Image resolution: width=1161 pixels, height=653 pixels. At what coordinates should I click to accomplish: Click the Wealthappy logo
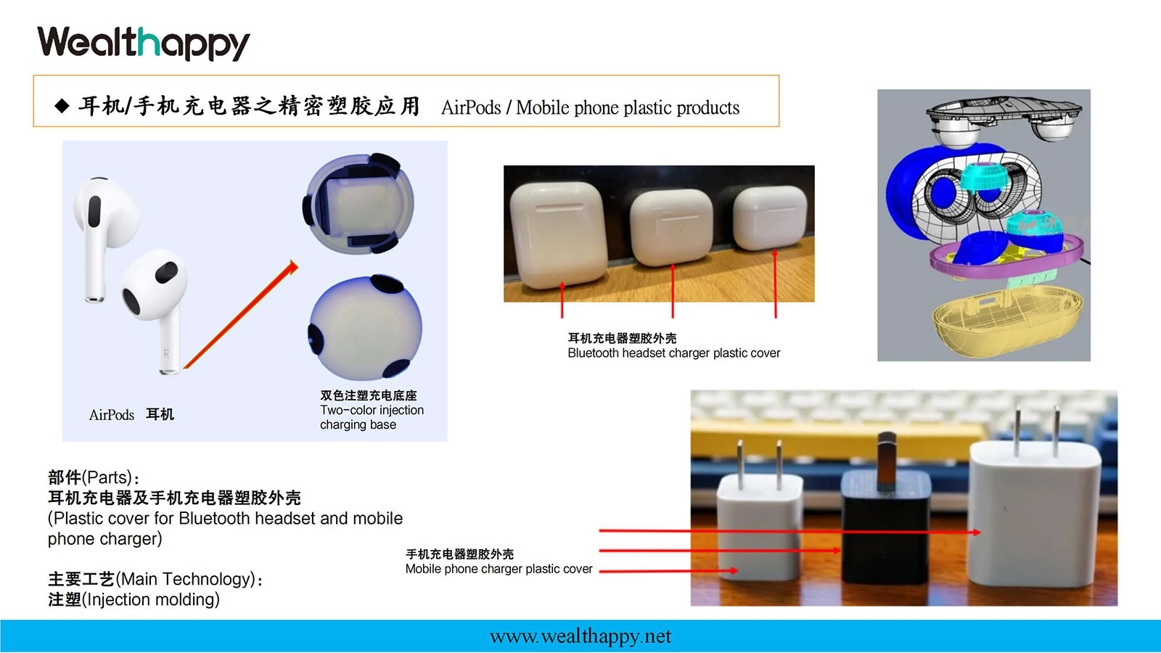coord(144,44)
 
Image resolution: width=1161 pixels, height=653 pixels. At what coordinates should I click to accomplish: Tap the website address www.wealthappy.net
coord(580,636)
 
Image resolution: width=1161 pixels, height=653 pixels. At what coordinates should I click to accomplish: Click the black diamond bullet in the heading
coord(62,106)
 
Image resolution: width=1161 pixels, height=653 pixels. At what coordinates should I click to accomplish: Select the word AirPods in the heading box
coord(471,108)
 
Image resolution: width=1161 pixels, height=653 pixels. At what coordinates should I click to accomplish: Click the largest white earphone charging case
coord(558,234)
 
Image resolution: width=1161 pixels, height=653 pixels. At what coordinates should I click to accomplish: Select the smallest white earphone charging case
coord(770,218)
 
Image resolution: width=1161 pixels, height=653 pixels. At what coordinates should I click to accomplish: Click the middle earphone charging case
coord(671,228)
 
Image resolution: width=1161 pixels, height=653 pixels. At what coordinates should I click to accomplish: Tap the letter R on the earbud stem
coord(166,353)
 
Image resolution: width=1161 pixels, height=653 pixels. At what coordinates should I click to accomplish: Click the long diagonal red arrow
coord(241,314)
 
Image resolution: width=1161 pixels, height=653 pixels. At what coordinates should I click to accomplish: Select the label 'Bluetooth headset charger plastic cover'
coord(673,353)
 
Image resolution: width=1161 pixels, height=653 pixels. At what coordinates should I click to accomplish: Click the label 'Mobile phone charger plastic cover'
coord(499,569)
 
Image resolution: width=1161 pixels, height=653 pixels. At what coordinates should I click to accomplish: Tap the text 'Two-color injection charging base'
coord(372,418)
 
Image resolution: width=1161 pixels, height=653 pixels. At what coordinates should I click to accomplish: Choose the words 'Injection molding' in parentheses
coord(150,599)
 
